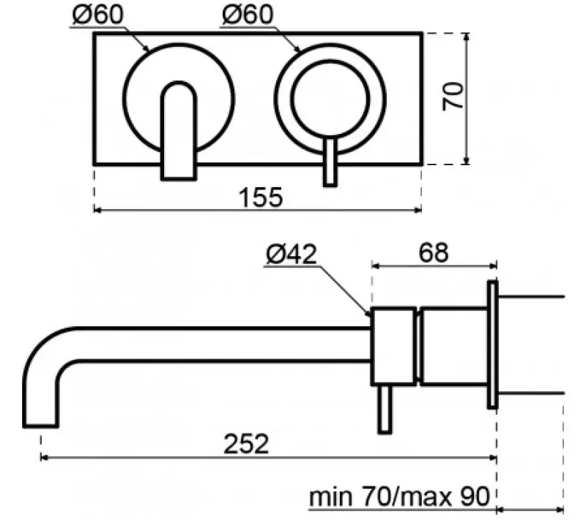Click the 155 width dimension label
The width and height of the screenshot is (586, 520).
point(261,197)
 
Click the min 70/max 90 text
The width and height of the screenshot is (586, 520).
point(399,497)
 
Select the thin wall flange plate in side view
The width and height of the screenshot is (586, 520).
point(492,344)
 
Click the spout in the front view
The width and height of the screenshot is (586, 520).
point(179,132)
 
